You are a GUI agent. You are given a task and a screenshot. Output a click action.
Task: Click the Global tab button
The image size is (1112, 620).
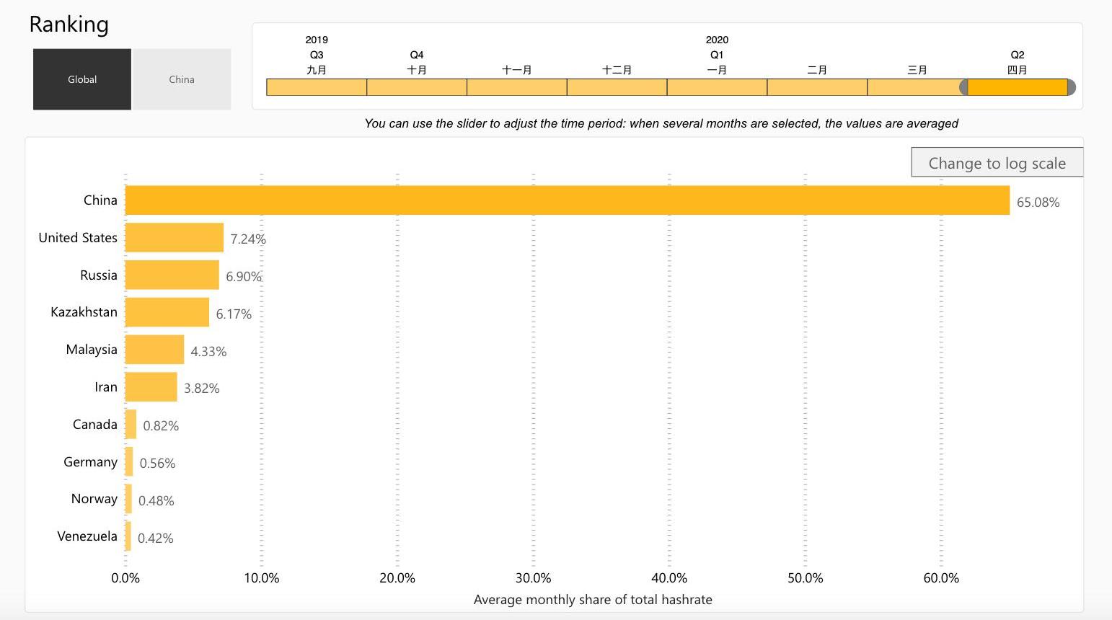(x=82, y=79)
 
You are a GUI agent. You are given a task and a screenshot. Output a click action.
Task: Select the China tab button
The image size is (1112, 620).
(x=182, y=79)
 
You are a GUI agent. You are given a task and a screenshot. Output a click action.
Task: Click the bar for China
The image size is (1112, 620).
(x=568, y=200)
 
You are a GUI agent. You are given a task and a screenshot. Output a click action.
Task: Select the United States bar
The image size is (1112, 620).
(x=175, y=237)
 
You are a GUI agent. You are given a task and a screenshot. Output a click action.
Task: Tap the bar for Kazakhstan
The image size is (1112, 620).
(x=167, y=312)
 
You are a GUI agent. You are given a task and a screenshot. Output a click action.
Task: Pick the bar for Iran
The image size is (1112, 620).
(x=151, y=386)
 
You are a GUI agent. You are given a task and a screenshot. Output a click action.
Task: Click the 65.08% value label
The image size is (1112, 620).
(x=1038, y=203)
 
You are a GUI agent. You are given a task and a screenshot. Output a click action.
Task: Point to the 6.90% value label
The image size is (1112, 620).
(x=244, y=277)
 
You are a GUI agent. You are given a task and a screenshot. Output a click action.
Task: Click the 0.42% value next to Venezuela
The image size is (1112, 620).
(x=155, y=538)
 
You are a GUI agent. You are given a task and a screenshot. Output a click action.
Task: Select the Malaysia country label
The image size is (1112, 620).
(x=92, y=350)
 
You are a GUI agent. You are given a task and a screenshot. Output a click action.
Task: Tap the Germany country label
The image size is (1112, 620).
(x=90, y=461)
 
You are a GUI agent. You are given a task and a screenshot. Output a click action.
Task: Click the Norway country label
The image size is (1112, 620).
(x=94, y=498)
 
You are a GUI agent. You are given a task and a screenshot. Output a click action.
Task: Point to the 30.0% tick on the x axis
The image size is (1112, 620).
(x=533, y=577)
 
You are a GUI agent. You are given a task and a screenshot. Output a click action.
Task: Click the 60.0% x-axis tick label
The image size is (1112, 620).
(x=941, y=577)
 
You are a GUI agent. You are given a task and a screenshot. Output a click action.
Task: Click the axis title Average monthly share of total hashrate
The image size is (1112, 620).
(x=593, y=600)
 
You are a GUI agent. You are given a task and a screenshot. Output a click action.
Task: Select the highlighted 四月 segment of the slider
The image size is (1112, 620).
(x=1018, y=87)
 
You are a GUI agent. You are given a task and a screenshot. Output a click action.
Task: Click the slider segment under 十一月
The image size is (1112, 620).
(x=517, y=87)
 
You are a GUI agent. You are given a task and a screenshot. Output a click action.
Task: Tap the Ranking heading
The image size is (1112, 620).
(x=69, y=25)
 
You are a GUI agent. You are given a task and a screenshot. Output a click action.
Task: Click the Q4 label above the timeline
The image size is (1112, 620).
(x=417, y=55)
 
